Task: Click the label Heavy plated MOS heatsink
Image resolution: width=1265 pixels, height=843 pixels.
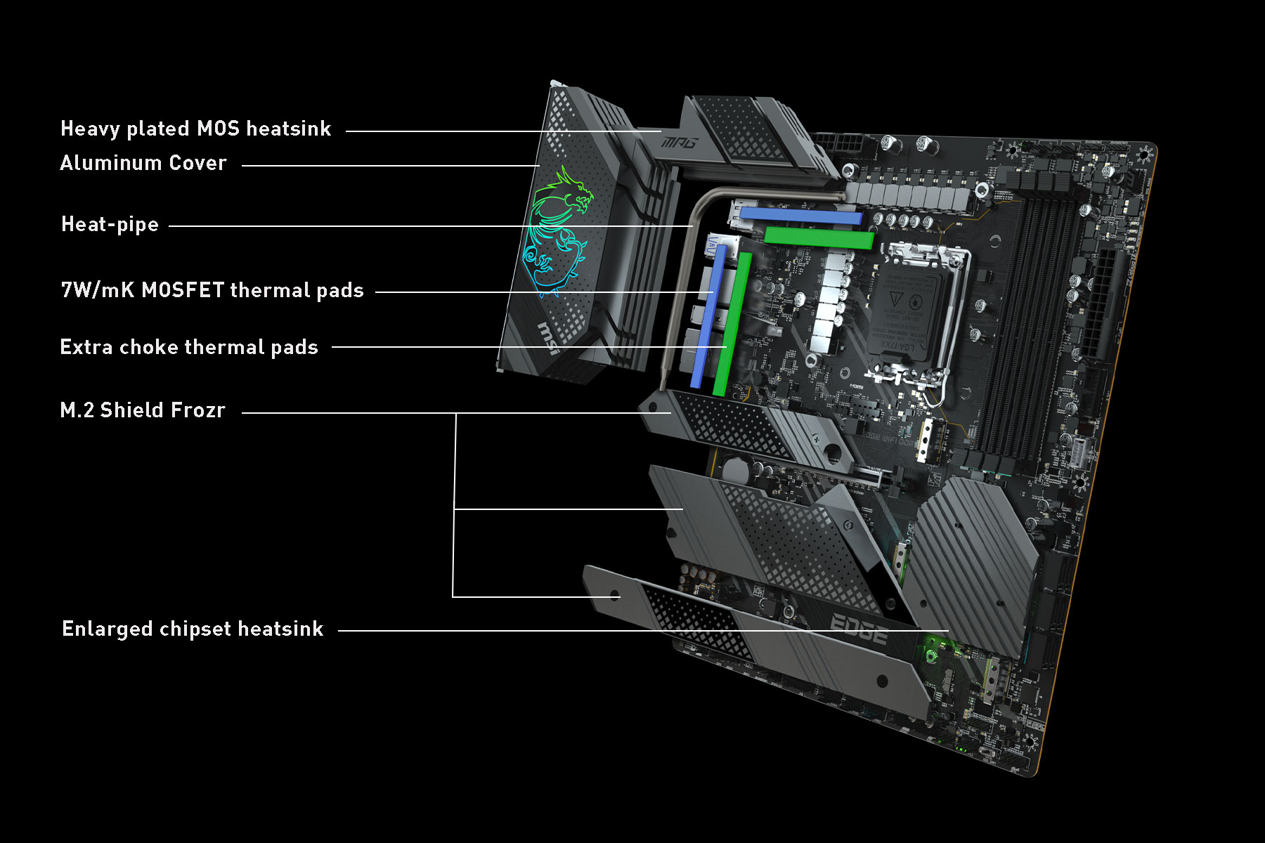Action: coord(195,129)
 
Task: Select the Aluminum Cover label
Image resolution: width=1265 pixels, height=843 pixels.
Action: coord(143,163)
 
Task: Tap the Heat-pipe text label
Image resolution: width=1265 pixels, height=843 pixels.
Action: coord(110,225)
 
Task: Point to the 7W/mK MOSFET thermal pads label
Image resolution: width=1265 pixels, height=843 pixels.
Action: coord(212,290)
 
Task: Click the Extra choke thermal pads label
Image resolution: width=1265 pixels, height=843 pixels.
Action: coord(189,347)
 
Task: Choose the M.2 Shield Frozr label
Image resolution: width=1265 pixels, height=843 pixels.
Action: coord(143,410)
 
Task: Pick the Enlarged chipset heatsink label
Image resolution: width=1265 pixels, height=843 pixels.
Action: coord(193,629)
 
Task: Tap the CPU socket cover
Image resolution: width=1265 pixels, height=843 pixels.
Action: coord(907,316)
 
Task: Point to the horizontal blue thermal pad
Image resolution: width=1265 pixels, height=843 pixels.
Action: coord(801,214)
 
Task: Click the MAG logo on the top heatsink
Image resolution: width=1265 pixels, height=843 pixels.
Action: coord(679,143)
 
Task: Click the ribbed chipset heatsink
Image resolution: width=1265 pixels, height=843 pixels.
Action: coord(973,562)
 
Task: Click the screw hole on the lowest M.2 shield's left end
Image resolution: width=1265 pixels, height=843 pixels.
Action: coord(615,596)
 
